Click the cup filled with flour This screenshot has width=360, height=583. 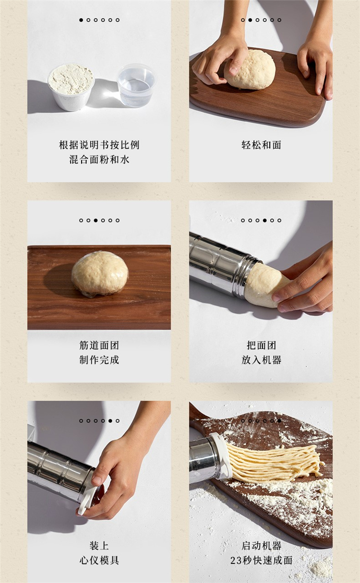pyautogui.click(x=71, y=87)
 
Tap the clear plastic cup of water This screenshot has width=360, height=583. pyautogui.click(x=136, y=85)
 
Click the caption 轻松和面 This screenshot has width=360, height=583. pyautogui.click(x=261, y=145)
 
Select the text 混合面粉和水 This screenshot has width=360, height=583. pyautogui.click(x=99, y=159)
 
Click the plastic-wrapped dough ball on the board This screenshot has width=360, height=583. pyautogui.click(x=100, y=274)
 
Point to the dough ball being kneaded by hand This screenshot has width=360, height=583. pyautogui.click(x=250, y=69)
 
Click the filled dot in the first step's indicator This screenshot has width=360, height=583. pyautogui.click(x=81, y=20)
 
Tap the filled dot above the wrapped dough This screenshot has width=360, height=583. pyautogui.click(x=96, y=220)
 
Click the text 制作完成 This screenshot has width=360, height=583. pyautogui.click(x=99, y=360)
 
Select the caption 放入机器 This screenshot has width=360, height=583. pyautogui.click(x=261, y=360)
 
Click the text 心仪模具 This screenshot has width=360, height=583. pyautogui.click(x=99, y=560)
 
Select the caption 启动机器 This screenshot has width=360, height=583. pyautogui.click(x=261, y=546)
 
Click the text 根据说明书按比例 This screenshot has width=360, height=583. pyautogui.click(x=99, y=145)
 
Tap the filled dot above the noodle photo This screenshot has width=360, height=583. pyautogui.click(x=279, y=421)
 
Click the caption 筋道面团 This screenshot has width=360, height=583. pyautogui.click(x=99, y=345)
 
